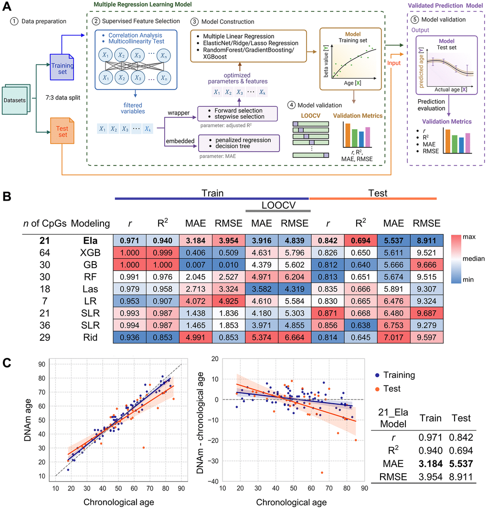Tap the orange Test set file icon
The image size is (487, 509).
tap(61, 132)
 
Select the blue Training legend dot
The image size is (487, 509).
tap(378, 376)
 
